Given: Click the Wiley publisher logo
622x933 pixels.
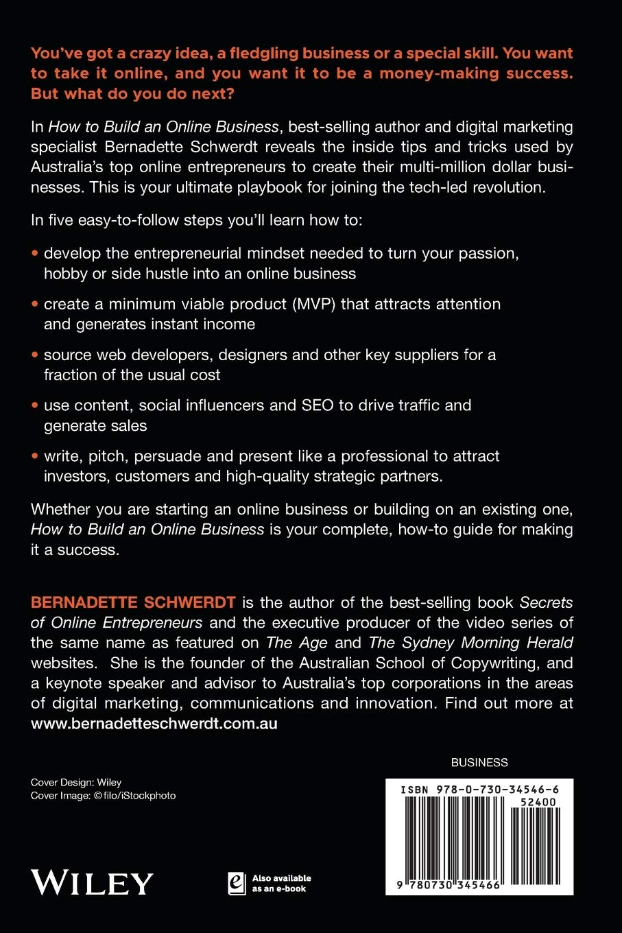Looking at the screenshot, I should point(92,882).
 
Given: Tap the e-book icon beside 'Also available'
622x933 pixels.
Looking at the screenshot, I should point(236,883).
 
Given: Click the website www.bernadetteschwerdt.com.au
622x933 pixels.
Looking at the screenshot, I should point(154,724).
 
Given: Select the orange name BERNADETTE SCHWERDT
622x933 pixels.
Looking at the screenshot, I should point(133,603).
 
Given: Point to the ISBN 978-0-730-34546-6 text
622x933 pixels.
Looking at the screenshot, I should point(479,790).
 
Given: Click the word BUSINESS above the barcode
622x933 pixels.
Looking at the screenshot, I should point(479,762).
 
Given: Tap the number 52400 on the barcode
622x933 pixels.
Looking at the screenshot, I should point(538,801).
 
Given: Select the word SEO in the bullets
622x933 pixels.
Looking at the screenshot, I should point(318,405).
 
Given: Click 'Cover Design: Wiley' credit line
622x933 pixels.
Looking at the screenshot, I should point(76,782).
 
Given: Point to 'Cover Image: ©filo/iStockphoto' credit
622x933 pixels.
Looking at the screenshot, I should point(103,796).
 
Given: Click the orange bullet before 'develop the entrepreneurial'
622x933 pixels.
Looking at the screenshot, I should point(35,253).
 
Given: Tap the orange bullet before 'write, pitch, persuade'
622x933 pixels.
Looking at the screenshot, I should point(35,456).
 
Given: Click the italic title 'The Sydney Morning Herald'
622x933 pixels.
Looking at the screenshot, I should point(470,643).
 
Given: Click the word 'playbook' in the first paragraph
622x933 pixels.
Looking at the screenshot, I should point(268,187).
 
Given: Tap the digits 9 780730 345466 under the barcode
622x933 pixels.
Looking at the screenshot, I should point(450,886).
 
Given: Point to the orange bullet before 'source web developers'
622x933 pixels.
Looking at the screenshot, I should point(35,355).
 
